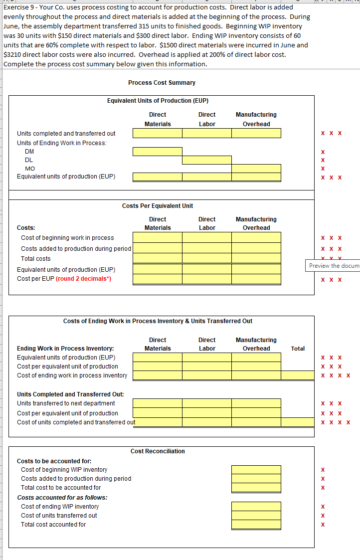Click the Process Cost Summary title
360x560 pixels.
click(x=162, y=82)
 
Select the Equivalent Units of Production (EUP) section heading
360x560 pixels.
click(x=158, y=101)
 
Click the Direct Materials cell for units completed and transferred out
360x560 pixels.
click(x=157, y=133)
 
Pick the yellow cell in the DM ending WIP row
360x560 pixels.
click(x=157, y=152)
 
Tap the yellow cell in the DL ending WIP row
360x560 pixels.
click(x=206, y=160)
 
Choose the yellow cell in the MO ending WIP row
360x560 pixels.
click(x=256, y=169)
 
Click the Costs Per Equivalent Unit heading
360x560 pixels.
click(x=158, y=206)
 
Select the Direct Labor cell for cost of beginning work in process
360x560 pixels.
click(x=206, y=238)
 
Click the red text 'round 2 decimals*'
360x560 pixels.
click(x=84, y=279)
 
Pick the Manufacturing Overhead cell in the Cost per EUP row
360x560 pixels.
click(x=256, y=279)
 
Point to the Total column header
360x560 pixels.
click(x=298, y=349)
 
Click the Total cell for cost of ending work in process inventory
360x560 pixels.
click(x=298, y=375)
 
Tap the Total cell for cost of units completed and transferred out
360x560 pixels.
click(x=298, y=422)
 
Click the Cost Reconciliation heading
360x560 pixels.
click(x=158, y=451)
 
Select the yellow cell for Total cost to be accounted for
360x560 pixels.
click(x=256, y=488)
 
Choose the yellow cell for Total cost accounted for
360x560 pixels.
click(x=256, y=525)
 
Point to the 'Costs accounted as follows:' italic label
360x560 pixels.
click(x=62, y=498)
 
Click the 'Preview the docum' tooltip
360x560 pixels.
click(x=333, y=265)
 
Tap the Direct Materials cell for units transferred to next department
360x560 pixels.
click(x=157, y=403)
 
